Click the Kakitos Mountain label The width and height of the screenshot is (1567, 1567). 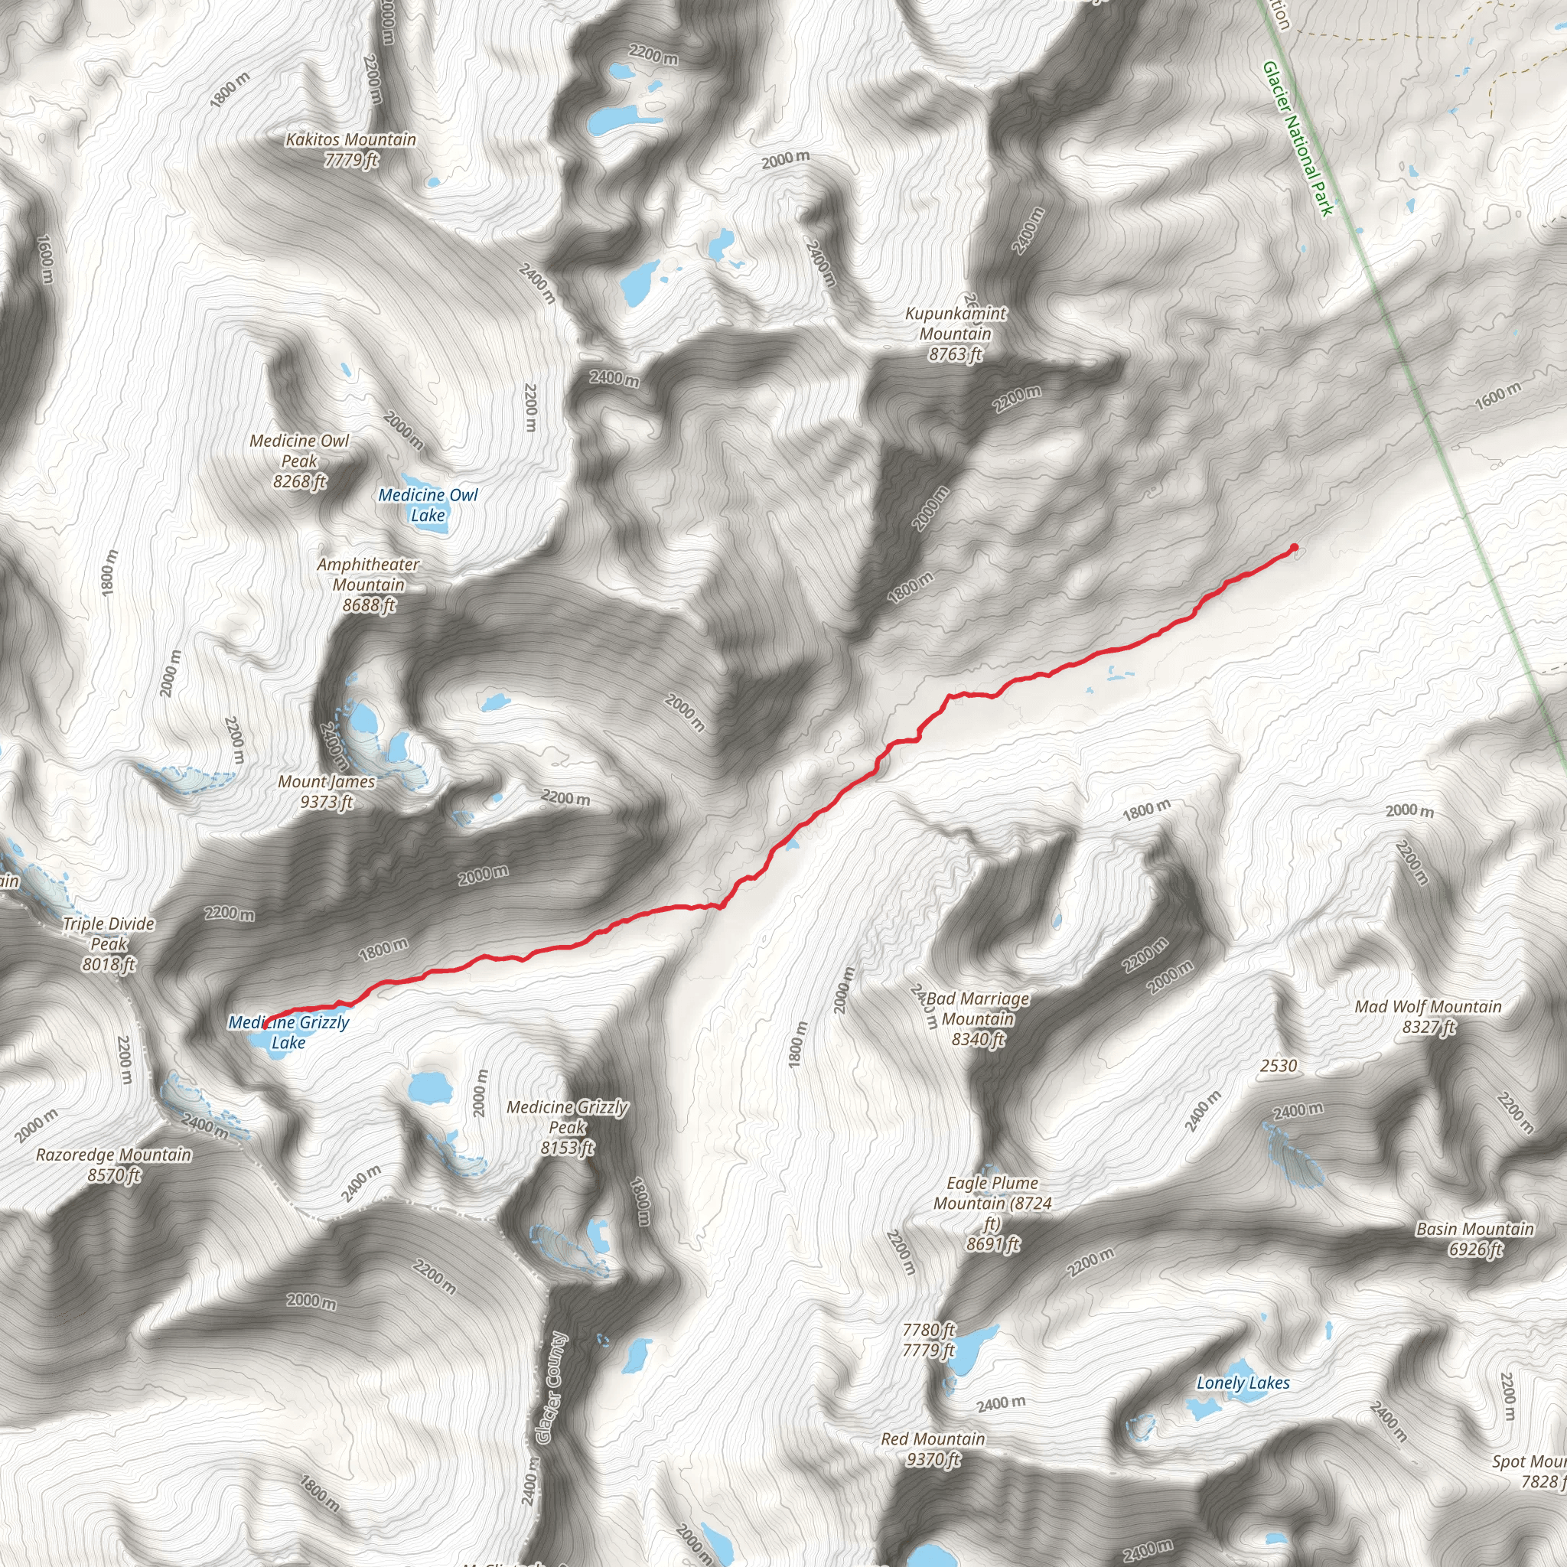(x=350, y=150)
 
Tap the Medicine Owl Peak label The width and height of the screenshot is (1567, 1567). (x=299, y=461)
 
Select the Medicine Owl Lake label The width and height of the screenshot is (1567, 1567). (x=428, y=504)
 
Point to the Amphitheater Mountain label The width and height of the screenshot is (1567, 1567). (x=368, y=584)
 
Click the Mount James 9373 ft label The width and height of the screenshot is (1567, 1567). (x=326, y=792)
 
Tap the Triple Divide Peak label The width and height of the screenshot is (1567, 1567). (x=109, y=943)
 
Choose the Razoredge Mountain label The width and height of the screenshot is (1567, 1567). (x=113, y=1164)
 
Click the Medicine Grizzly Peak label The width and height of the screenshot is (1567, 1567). (x=567, y=1126)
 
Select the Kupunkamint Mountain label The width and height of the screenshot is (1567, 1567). (x=956, y=334)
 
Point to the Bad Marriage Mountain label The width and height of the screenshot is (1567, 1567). (x=977, y=1018)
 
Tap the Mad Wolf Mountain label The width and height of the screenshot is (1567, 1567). (x=1429, y=1016)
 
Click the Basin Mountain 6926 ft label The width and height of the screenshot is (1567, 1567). (x=1474, y=1239)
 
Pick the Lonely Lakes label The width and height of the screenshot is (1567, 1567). (x=1243, y=1383)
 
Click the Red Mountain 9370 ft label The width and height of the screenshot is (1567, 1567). (x=933, y=1448)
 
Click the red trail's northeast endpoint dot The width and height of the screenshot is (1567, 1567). (x=1294, y=548)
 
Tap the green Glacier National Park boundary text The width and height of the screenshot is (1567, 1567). (x=1298, y=138)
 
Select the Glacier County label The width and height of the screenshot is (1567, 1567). (x=552, y=1388)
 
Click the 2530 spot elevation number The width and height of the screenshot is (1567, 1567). (x=1279, y=1066)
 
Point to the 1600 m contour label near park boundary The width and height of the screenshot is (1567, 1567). (x=1497, y=396)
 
